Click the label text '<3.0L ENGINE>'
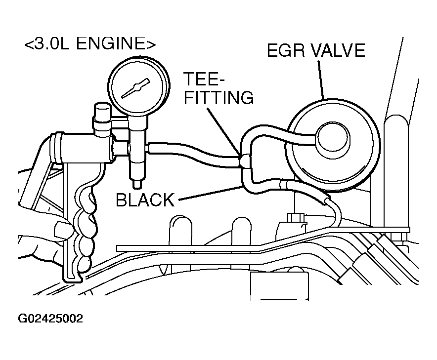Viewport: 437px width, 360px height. [x=90, y=44]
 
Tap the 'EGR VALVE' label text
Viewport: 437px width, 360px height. [x=316, y=50]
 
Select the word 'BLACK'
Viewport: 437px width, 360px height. [x=145, y=200]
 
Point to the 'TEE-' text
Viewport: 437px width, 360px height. [x=204, y=79]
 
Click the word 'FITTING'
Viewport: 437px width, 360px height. [x=219, y=97]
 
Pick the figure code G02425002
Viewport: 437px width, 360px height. [x=50, y=319]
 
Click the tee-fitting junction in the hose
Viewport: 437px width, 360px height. [x=245, y=161]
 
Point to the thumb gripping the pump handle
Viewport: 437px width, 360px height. [x=63, y=228]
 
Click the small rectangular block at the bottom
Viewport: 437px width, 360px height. [x=279, y=286]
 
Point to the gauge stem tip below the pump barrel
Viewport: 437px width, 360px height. [x=137, y=184]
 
